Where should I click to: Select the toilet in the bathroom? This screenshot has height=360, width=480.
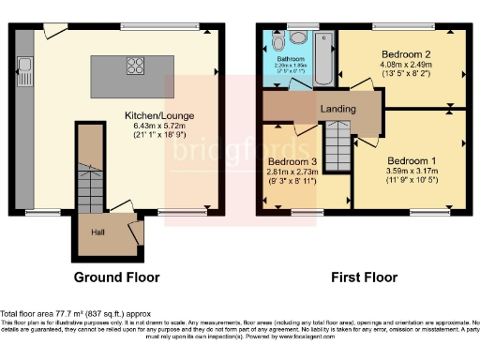298,38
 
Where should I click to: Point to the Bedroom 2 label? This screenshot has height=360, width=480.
405,54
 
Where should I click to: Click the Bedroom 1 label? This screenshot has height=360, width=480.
412,160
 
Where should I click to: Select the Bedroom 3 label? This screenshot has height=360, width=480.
293,161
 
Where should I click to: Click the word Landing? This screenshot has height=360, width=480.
337,109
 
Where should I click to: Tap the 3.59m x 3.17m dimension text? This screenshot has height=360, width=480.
412,172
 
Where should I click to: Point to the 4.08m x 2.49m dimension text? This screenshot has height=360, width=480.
405,65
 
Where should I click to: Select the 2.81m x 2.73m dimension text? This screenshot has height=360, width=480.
293,172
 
